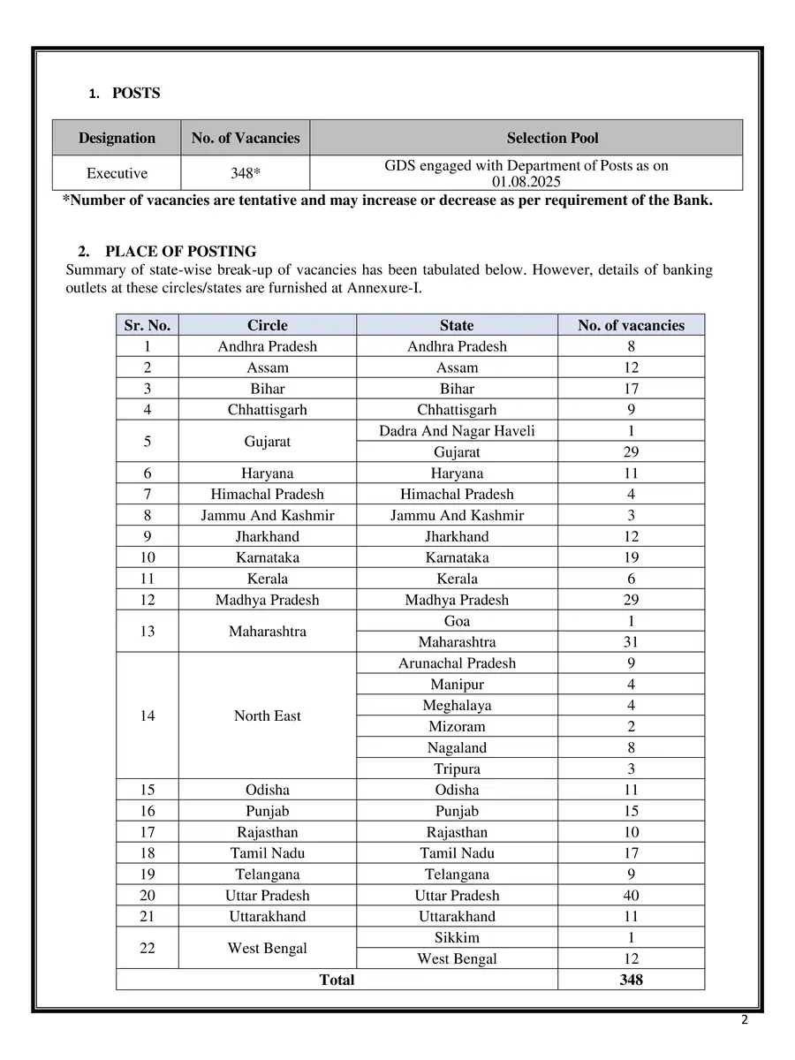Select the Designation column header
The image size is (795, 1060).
[117, 138]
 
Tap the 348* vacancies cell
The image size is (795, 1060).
[246, 173]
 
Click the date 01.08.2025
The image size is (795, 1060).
[526, 182]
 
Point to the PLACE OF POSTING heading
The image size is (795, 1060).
[180, 252]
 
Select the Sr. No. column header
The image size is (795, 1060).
[148, 325]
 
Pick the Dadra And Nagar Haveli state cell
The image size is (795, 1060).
[457, 431]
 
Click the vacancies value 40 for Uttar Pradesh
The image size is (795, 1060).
[631, 896]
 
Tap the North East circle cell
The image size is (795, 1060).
[267, 716]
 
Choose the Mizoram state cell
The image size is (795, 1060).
[457, 727]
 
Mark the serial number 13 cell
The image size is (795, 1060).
[148, 632]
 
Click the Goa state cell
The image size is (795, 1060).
[457, 621]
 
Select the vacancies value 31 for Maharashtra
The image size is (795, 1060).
[631, 642]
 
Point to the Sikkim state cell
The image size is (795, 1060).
[457, 938]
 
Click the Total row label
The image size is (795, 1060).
[337, 980]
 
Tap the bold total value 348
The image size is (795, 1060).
[631, 980]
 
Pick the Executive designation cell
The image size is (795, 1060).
[117, 173]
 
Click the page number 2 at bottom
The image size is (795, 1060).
[744, 1021]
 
